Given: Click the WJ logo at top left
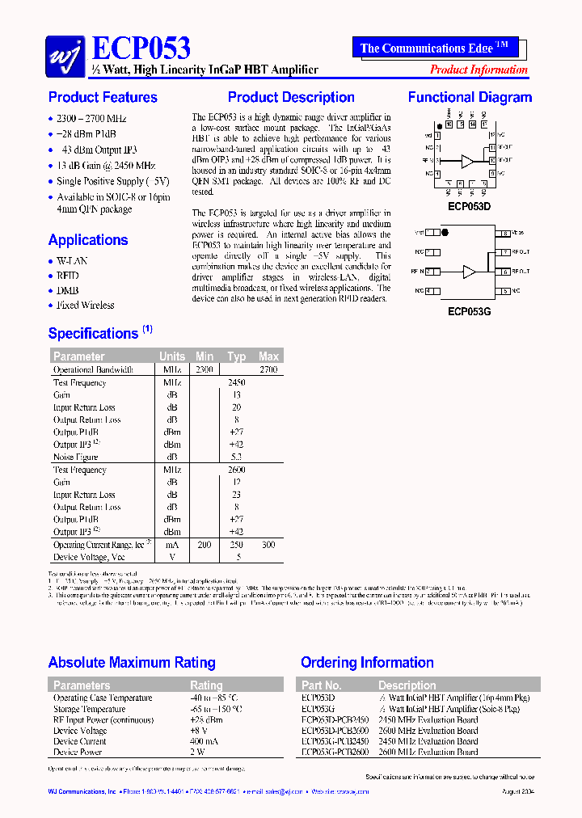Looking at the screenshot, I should pyautogui.click(x=63, y=54).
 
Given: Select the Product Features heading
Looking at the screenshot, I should pyautogui.click(x=103, y=98).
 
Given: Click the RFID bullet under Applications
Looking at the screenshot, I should pyautogui.click(x=68, y=276).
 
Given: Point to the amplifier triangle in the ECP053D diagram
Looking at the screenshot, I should pyautogui.click(x=467, y=162).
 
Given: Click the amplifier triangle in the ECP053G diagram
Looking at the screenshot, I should pyautogui.click(x=469, y=272).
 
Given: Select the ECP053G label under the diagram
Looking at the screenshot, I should pyautogui.click(x=468, y=310).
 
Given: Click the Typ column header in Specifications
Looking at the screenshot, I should pyautogui.click(x=236, y=356).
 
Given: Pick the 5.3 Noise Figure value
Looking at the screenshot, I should pyautogui.click(x=236, y=457).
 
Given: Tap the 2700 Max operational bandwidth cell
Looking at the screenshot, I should pyautogui.click(x=268, y=369).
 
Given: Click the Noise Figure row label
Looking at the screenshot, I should pyautogui.click(x=75, y=457).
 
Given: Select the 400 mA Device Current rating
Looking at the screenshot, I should pyautogui.click(x=205, y=741).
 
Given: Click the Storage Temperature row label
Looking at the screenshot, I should pyautogui.click(x=90, y=709).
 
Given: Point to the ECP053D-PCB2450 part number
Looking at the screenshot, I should pyautogui.click(x=335, y=719).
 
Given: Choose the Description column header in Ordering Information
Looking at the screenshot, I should pyautogui.click(x=407, y=685).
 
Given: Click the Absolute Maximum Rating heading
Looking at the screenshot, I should pyautogui.click(x=132, y=663).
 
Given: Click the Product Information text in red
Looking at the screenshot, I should pyautogui.click(x=479, y=70).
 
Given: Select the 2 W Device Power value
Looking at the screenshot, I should pyautogui.click(x=197, y=752).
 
